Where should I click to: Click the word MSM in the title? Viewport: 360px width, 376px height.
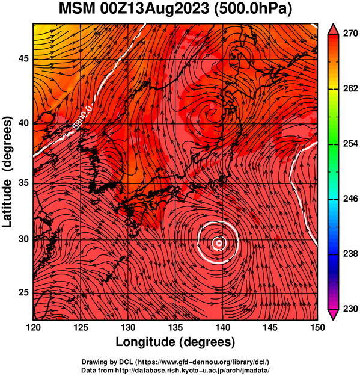[x=77, y=9]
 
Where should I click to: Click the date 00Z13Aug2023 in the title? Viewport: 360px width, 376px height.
[x=154, y=9]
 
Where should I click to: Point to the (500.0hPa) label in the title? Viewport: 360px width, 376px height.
[x=253, y=10]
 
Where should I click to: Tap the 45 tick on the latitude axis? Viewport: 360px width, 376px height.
[x=23, y=58]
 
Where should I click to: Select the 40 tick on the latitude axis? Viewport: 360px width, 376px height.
[x=23, y=123]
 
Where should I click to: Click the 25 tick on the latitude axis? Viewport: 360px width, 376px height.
[x=23, y=292]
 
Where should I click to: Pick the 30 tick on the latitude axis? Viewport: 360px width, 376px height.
[x=23, y=239]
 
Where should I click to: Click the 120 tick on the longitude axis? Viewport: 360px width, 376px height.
[x=33, y=327]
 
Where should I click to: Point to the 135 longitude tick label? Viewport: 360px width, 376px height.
[x=175, y=327]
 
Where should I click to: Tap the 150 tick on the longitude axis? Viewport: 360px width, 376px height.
[x=317, y=327]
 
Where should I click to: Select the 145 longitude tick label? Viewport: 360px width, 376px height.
[x=270, y=327]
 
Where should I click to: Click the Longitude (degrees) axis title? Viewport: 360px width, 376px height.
[x=175, y=342]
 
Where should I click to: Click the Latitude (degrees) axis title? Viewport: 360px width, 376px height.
[x=7, y=172]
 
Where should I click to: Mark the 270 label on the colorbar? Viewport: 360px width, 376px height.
[x=350, y=33]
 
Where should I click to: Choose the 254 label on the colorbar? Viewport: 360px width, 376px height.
[x=350, y=143]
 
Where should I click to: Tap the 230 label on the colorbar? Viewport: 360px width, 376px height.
[x=350, y=309]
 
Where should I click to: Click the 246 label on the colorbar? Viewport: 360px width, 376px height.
[x=350, y=199]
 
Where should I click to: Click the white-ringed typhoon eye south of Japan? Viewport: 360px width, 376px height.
[x=218, y=243]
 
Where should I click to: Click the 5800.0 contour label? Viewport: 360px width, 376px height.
[x=82, y=117]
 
